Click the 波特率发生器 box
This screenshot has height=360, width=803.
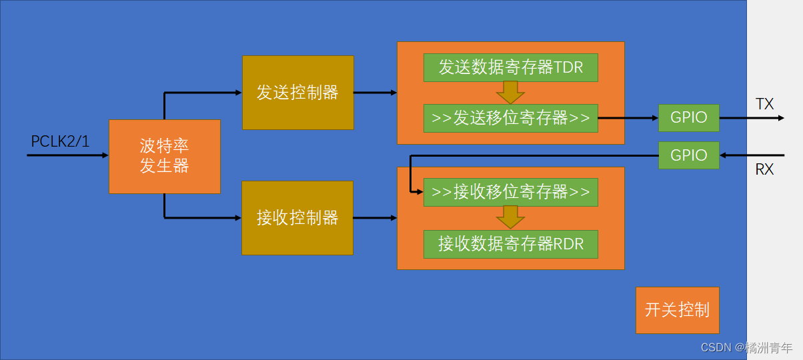coord(164,157)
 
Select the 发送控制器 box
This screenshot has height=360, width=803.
coord(297,93)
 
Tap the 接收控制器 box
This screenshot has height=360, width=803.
coord(297,217)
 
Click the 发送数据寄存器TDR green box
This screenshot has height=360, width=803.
coord(510,67)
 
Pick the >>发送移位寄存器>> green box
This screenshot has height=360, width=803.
coord(510,118)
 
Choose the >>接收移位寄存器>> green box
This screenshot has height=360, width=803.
coord(510,192)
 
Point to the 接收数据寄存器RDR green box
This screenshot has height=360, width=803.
coord(510,244)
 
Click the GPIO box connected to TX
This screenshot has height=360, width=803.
coord(689,118)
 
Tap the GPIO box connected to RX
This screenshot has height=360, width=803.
coord(689,155)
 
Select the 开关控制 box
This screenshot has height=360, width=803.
coord(677,310)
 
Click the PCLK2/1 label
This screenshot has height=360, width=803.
coord(60,141)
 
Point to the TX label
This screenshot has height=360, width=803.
coord(764,104)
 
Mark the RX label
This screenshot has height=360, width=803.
coord(764,169)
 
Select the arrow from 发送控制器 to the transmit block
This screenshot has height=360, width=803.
coord(375,93)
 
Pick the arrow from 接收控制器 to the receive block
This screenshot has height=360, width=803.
coord(375,217)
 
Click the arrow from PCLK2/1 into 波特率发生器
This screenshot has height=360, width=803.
coord(67,155)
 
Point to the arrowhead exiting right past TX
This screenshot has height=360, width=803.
coord(780,118)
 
